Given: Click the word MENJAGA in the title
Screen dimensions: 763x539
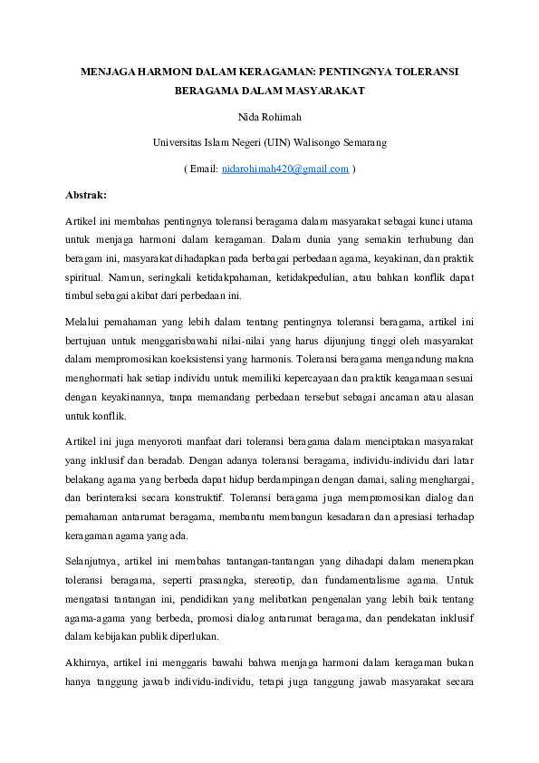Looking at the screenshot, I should click(x=101, y=69).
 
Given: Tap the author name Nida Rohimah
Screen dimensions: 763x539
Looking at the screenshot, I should click(x=268, y=116).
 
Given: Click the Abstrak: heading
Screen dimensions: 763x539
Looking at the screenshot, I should click(x=86, y=194).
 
